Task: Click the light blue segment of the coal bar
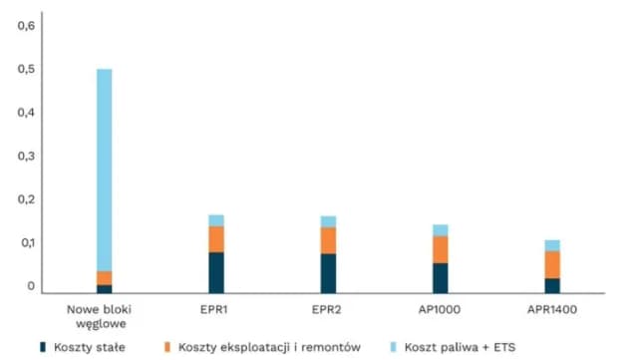coord(104,170)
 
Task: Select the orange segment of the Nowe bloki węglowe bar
coord(104,278)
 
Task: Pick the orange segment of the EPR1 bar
coord(216,239)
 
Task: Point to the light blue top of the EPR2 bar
coord(328,221)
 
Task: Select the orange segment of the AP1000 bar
coord(440,249)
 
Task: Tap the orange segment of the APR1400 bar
coord(551,264)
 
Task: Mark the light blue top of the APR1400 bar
coord(551,245)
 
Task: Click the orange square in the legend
coord(168,347)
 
